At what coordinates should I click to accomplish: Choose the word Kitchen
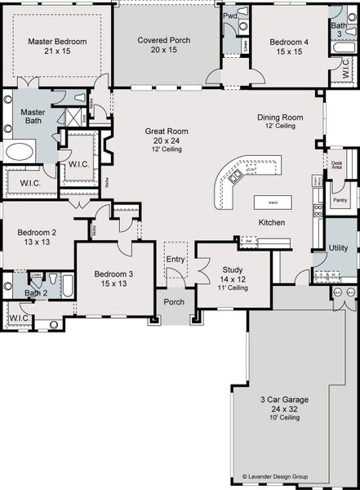272,222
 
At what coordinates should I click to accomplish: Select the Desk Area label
336,164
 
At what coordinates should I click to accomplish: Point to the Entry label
176,259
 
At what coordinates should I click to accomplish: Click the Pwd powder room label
231,16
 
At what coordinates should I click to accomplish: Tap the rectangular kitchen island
268,201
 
